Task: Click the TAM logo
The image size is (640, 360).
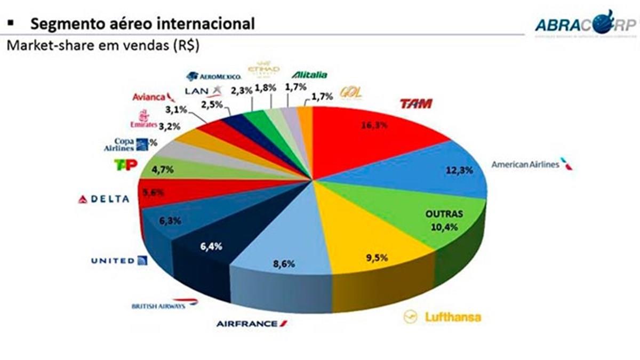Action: (415, 103)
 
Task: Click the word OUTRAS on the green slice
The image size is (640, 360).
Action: (444, 214)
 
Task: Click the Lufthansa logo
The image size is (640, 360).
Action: (442, 317)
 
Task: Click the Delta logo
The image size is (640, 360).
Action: (104, 199)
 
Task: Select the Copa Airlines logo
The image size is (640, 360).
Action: (125, 145)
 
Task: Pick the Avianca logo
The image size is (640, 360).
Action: (154, 97)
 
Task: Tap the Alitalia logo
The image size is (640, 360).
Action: (309, 75)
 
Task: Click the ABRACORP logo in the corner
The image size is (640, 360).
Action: (585, 23)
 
